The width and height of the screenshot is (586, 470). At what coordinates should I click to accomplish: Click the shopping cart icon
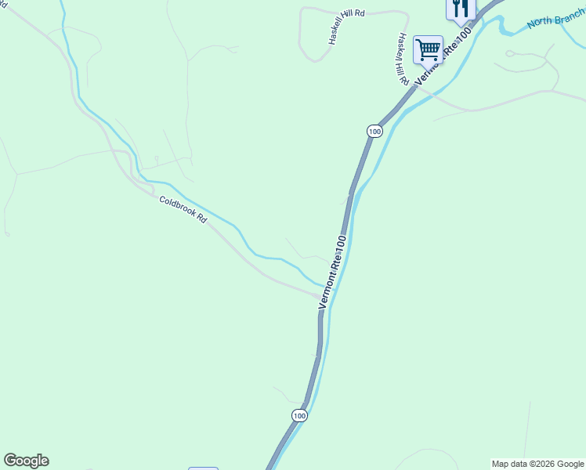pos(428,49)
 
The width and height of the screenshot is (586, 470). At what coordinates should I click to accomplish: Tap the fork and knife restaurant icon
pos(460,8)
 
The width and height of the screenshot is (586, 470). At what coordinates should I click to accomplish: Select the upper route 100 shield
pos(374,132)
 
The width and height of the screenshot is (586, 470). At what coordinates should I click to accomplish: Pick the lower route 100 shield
pos(298,415)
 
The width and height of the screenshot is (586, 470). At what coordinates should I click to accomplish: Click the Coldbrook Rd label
pos(183,210)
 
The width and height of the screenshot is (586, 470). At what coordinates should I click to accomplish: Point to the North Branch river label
pos(555,19)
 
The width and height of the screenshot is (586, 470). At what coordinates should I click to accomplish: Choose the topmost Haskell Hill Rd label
pos(348,26)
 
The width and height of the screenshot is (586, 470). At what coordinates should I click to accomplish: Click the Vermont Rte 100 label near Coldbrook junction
pos(332,273)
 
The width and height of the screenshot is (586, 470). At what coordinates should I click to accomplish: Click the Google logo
pos(26,461)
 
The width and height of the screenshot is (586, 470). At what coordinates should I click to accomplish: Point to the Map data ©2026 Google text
pos(537,464)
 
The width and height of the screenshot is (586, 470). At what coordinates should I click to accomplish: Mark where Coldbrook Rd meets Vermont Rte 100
pos(322,296)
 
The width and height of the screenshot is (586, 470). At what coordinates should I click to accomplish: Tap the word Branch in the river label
pos(570,15)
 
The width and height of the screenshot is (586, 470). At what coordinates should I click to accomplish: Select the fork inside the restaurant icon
pos(456,8)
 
